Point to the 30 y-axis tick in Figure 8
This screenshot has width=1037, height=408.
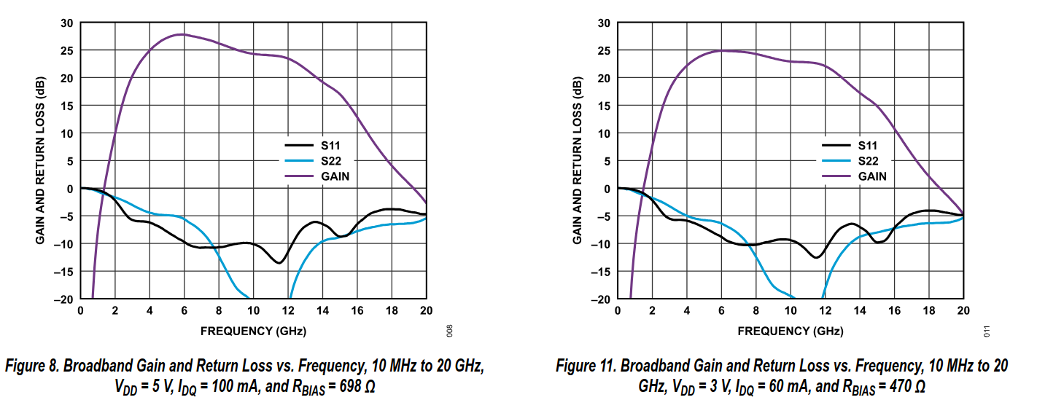(x=67, y=23)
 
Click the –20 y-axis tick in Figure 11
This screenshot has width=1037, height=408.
(x=602, y=299)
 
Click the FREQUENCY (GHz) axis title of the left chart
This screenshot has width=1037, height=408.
(x=253, y=331)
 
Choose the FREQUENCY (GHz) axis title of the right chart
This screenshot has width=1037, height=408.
(x=791, y=331)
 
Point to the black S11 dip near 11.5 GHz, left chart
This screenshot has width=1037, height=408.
(x=279, y=262)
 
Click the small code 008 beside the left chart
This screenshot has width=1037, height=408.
(x=451, y=330)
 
